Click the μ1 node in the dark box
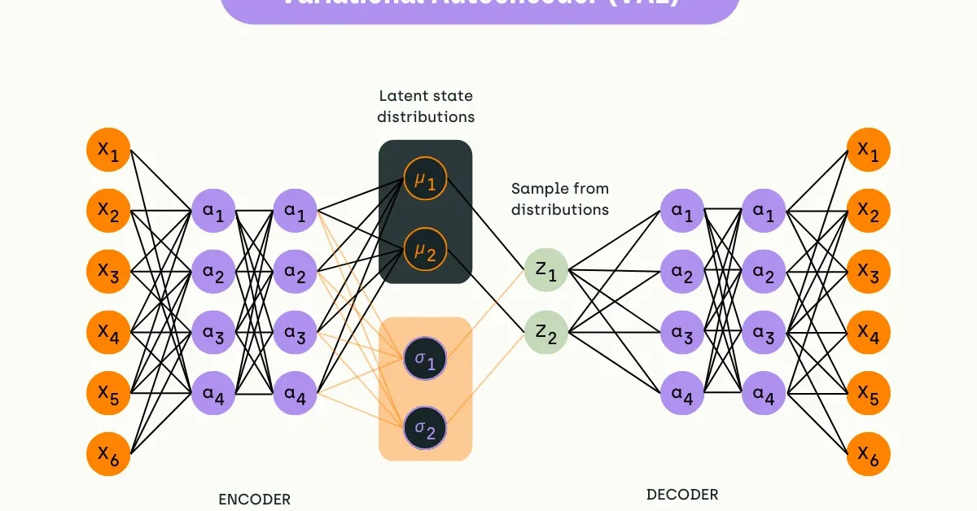[425, 181]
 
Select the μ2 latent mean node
[425, 251]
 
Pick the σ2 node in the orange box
[425, 426]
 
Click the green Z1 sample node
[545, 269]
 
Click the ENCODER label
[254, 499]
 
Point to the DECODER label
[682, 494]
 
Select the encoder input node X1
[108, 150]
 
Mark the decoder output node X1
[868, 150]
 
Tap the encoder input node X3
[108, 271]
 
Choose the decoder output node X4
[868, 332]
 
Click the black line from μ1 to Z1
[485, 225]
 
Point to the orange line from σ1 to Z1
[485, 314]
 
